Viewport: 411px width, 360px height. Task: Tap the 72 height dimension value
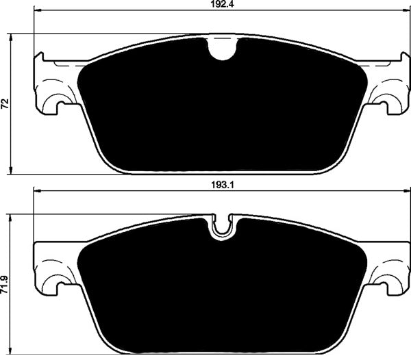tap(6, 104)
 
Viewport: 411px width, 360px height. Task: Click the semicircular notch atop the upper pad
tap(221, 49)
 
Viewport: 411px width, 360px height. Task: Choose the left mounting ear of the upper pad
tap(55, 86)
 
